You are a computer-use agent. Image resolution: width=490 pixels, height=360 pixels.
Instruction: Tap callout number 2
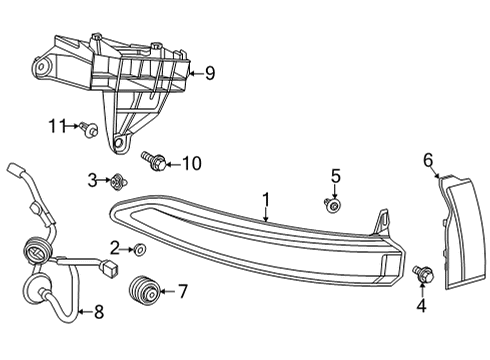click(x=114, y=247)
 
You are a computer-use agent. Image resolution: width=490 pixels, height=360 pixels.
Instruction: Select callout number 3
click(x=93, y=179)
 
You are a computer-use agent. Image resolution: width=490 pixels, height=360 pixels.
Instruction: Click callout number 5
click(x=337, y=176)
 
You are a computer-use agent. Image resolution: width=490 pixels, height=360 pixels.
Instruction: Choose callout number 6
click(x=428, y=159)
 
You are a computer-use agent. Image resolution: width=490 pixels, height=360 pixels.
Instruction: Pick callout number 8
click(x=98, y=312)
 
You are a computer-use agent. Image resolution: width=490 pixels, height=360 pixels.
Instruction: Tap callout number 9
click(x=209, y=71)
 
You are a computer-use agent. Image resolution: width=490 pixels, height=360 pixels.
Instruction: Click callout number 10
click(x=191, y=161)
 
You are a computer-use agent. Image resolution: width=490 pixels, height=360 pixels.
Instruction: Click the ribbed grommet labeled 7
click(x=145, y=290)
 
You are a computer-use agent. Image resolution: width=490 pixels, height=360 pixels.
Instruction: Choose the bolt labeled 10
click(x=156, y=160)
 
